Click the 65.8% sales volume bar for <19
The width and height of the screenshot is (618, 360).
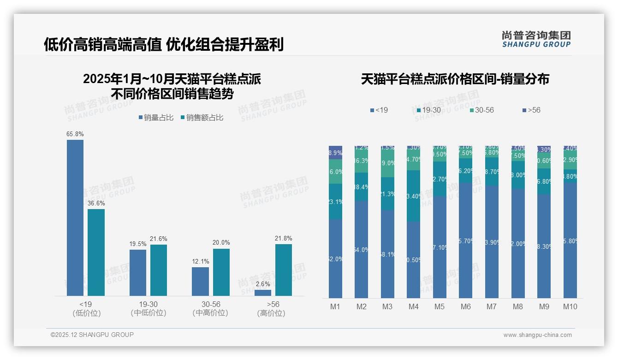[x=75, y=217]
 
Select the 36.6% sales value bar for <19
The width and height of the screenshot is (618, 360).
[x=96, y=252]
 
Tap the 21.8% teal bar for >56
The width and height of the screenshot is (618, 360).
[x=284, y=270]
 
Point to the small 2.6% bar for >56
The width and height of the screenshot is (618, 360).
[x=263, y=293]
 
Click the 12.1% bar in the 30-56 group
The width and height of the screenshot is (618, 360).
[x=200, y=281]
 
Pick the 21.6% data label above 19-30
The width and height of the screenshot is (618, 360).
[x=159, y=239]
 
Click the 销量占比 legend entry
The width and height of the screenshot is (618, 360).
[x=156, y=118]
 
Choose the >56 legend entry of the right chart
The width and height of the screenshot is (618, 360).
[x=531, y=110]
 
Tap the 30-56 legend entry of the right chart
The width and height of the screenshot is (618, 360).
[x=481, y=110]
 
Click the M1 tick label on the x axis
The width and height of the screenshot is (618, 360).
[x=335, y=306]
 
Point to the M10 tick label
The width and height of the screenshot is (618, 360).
[x=570, y=306]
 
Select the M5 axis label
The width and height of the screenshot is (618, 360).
[x=440, y=306]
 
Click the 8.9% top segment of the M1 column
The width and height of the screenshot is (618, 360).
[x=335, y=153]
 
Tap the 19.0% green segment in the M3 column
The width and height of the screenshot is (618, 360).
[x=387, y=163]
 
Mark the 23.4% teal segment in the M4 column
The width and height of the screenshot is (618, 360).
[x=414, y=196]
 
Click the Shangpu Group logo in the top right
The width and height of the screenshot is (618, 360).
[x=536, y=39]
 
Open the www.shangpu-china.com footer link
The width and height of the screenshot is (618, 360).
[x=537, y=335]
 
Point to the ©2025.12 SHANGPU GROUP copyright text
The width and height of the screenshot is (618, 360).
[x=92, y=335]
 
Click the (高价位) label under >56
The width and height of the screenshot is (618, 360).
[x=271, y=313]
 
